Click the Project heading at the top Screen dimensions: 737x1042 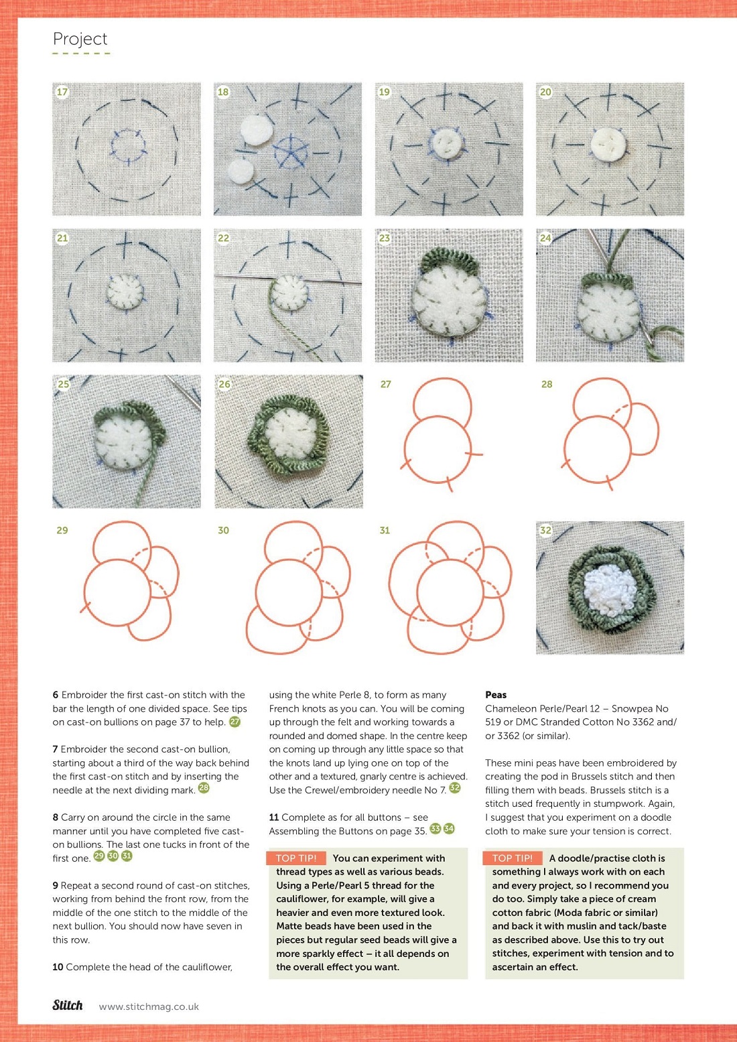click(x=80, y=39)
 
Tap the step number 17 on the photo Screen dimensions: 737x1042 click(x=62, y=92)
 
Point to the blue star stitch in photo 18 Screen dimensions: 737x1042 click(x=291, y=152)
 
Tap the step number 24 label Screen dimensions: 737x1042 click(x=545, y=238)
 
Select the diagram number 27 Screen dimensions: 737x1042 click(x=385, y=384)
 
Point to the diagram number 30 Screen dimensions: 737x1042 click(x=223, y=530)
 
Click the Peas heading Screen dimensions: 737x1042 click(x=496, y=694)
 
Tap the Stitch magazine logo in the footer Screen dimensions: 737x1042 click(x=68, y=1005)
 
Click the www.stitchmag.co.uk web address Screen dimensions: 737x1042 click(x=149, y=1006)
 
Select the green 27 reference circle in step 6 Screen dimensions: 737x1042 click(x=235, y=722)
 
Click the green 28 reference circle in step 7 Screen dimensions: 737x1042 click(x=204, y=787)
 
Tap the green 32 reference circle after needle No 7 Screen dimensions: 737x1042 click(x=455, y=787)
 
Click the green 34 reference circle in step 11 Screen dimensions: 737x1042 click(x=449, y=828)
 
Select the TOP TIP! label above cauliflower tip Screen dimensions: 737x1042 click(x=296, y=858)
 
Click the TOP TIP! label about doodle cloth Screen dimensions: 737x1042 click(x=513, y=858)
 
